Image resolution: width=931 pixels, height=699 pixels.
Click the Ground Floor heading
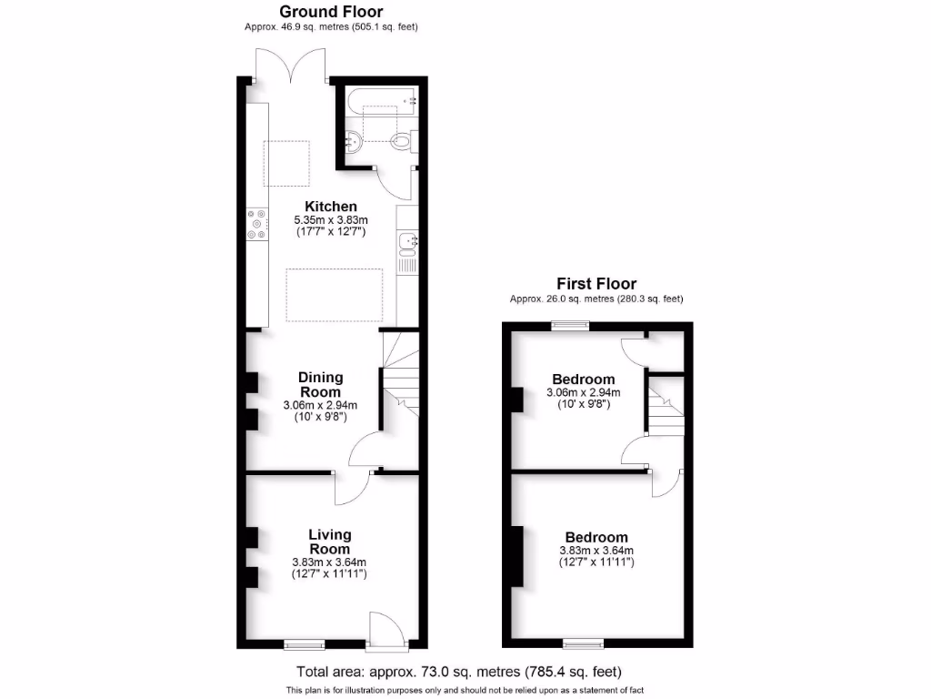coord(331,12)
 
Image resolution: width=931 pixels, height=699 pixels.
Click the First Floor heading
coord(596,283)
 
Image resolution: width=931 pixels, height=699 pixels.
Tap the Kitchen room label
coord(331,207)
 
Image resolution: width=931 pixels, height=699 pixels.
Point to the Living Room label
coord(329,542)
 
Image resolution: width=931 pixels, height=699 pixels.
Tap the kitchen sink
coord(406,241)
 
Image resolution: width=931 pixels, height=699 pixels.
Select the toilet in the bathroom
coord(401,141)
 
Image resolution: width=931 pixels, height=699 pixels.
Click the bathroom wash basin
coord(354,141)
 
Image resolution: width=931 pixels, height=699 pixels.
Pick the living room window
coord(304,645)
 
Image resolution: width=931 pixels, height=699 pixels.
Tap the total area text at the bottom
coord(459,673)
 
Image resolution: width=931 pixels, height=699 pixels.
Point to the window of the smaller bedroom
coord(571,324)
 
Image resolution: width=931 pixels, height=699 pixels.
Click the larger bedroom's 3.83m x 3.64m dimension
coord(596,551)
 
